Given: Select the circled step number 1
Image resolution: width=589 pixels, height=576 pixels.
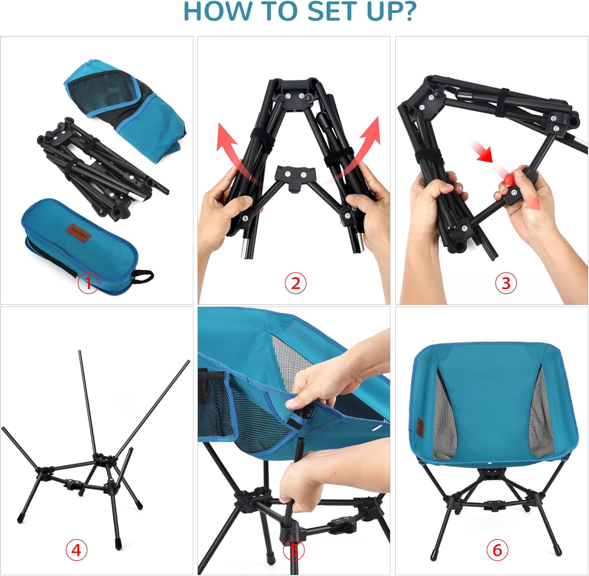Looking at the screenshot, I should tap(88, 282).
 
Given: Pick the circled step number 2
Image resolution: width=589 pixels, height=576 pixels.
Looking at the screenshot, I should tap(295, 283).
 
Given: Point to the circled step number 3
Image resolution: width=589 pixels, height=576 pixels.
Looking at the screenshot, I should tap(506, 283).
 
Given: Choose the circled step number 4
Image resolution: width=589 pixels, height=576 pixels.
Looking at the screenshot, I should tap(76, 550).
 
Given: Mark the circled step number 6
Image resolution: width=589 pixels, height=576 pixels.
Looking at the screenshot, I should tap(497, 550).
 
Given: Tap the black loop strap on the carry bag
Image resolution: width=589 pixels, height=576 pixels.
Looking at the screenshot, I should tap(144, 276).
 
